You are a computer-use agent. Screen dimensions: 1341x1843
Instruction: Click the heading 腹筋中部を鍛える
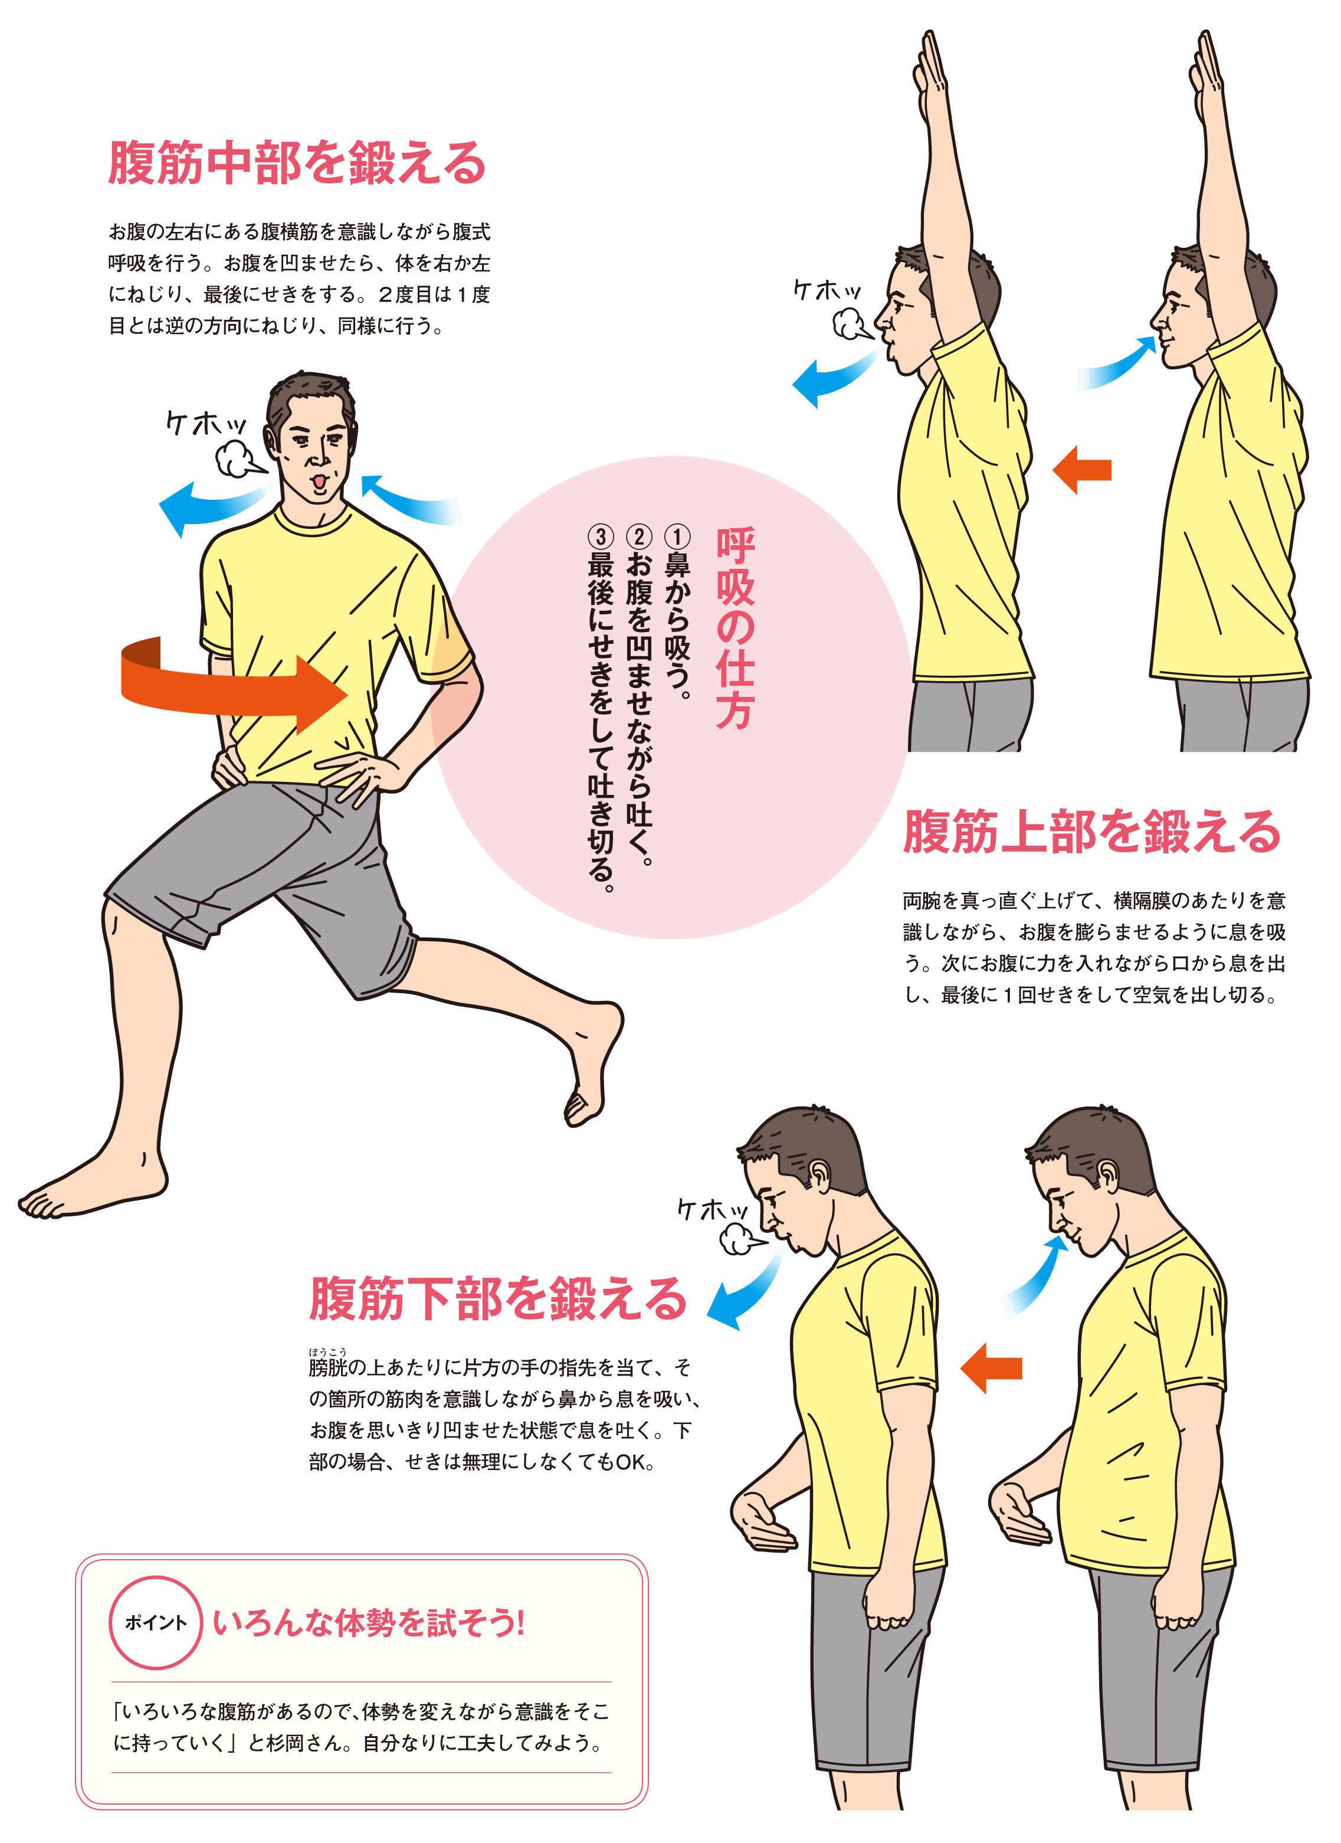click(x=297, y=162)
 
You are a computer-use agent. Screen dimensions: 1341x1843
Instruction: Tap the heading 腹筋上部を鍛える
click(x=1093, y=832)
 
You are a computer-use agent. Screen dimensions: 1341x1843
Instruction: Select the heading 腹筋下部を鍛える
click(x=498, y=1298)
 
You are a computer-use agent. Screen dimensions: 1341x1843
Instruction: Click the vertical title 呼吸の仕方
click(x=735, y=627)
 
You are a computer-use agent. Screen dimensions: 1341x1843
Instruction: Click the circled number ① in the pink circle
click(x=677, y=536)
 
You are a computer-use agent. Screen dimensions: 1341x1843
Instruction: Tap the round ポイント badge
click(x=155, y=1623)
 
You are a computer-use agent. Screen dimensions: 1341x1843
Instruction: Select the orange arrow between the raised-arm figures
click(x=1082, y=469)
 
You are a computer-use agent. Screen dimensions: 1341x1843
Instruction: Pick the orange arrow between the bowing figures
click(x=991, y=1367)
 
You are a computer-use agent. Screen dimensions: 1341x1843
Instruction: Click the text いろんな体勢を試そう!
click(x=369, y=1623)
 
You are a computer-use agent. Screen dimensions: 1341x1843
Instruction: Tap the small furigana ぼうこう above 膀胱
click(x=327, y=1351)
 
